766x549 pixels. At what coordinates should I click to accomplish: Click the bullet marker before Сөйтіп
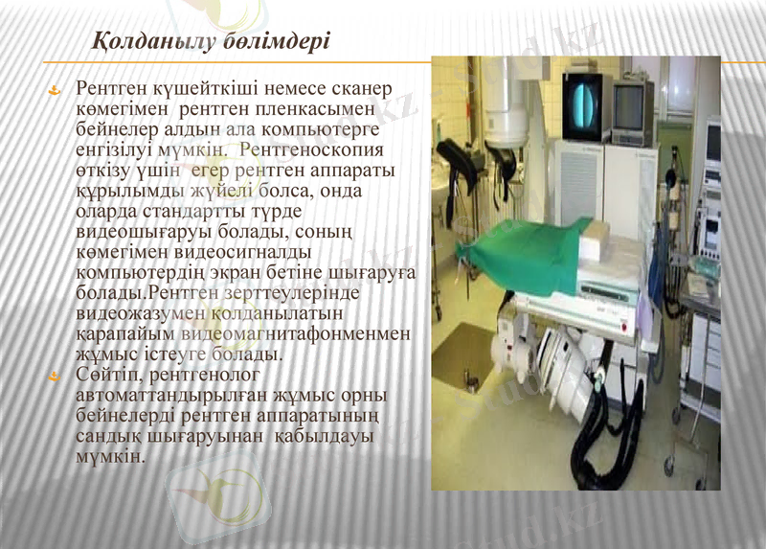[x=56, y=375]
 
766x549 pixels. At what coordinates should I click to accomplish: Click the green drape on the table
[x=522, y=254]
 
